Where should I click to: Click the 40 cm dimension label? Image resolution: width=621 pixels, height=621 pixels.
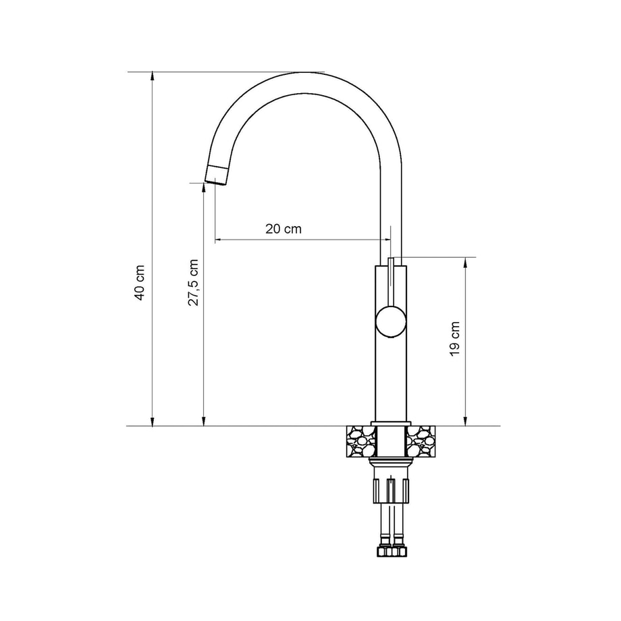pyautogui.click(x=140, y=283)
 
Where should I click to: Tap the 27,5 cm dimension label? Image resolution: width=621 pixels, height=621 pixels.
pyautogui.click(x=193, y=282)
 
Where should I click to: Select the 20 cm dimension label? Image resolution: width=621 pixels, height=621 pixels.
pyautogui.click(x=283, y=229)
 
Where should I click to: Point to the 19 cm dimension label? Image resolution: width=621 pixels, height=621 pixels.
pyautogui.click(x=455, y=339)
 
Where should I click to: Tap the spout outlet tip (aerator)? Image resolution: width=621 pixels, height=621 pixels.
pyautogui.click(x=217, y=175)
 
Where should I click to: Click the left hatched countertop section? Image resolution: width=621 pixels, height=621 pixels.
pyautogui.click(x=361, y=441)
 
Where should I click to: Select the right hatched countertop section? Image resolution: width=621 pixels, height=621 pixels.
pyautogui.click(x=421, y=441)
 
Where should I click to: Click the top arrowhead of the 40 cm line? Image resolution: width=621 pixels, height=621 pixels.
pyautogui.click(x=152, y=76)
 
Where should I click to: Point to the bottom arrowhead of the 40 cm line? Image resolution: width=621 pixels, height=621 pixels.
pyautogui.click(x=152, y=421)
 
